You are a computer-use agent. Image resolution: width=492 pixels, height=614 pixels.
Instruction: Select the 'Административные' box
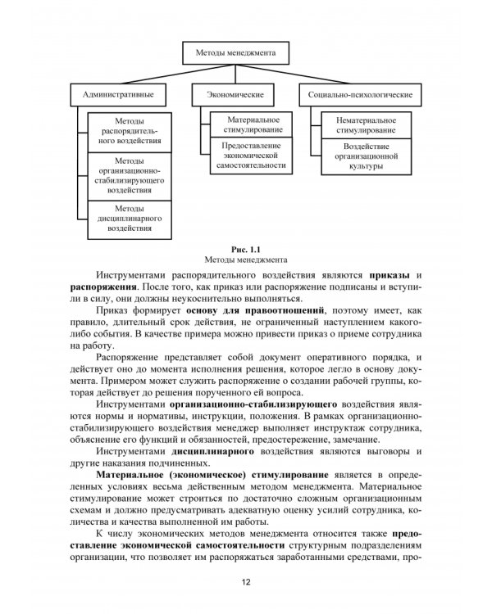[119, 95]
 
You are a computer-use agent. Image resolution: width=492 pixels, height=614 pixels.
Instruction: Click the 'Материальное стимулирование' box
[251, 124]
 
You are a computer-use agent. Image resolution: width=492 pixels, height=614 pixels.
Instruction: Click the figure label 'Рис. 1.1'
[246, 248]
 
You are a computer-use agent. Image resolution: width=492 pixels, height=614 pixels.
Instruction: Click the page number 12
[246, 583]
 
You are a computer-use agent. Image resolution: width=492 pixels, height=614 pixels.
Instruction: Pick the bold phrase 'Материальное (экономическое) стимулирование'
[212, 475]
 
